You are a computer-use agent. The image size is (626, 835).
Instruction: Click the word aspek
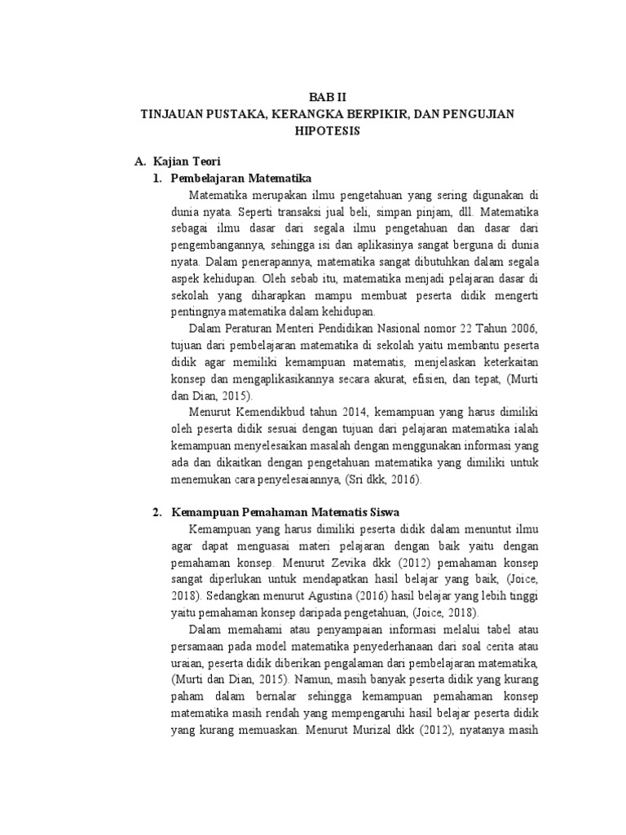pos(185,278)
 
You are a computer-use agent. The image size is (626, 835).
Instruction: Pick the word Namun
pos(324,678)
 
